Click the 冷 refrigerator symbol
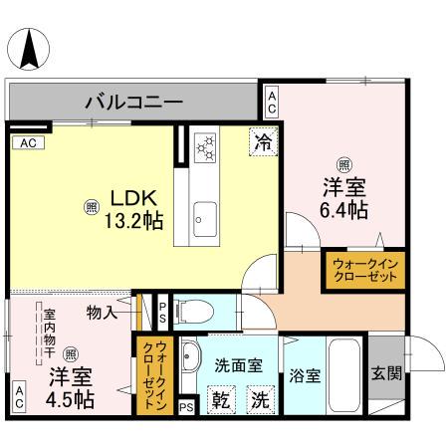[x=263, y=142]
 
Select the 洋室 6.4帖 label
[x=343, y=197]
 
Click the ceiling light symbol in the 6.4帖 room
[x=343, y=164]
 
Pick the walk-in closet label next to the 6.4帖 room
[x=363, y=270]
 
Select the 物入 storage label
[x=102, y=313]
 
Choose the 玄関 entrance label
[x=386, y=374]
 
